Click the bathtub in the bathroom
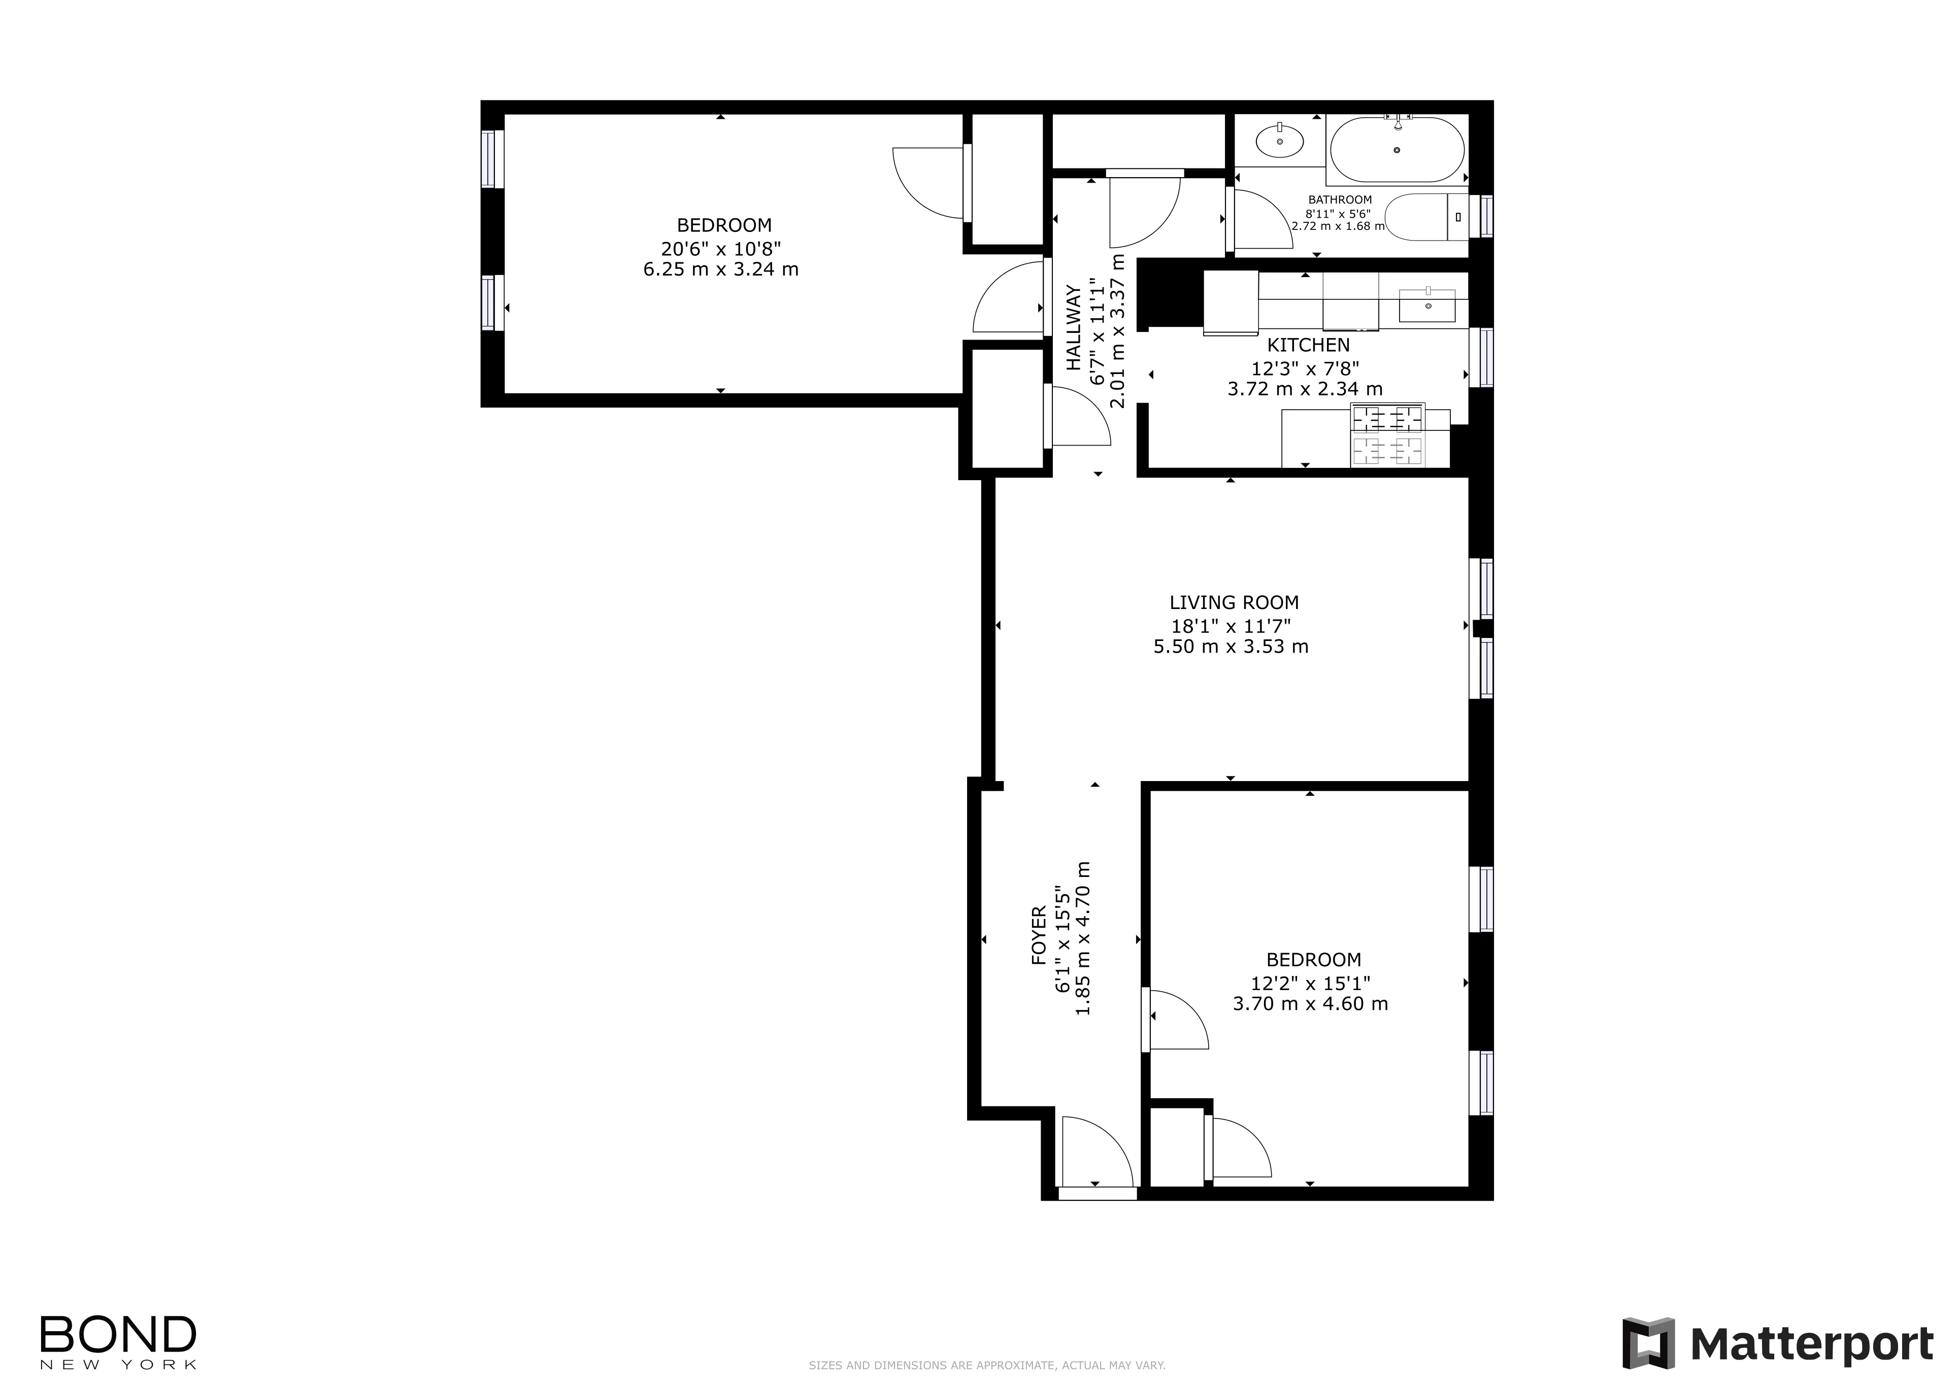tap(1397, 150)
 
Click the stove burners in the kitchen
tap(1388, 435)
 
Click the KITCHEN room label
tap(1308, 345)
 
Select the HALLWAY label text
tap(1074, 328)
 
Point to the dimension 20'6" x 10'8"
tap(721, 248)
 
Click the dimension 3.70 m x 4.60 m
tap(1310, 1004)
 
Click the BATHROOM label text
tap(1339, 200)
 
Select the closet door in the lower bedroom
tap(1238, 1148)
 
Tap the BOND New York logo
tap(119, 1342)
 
